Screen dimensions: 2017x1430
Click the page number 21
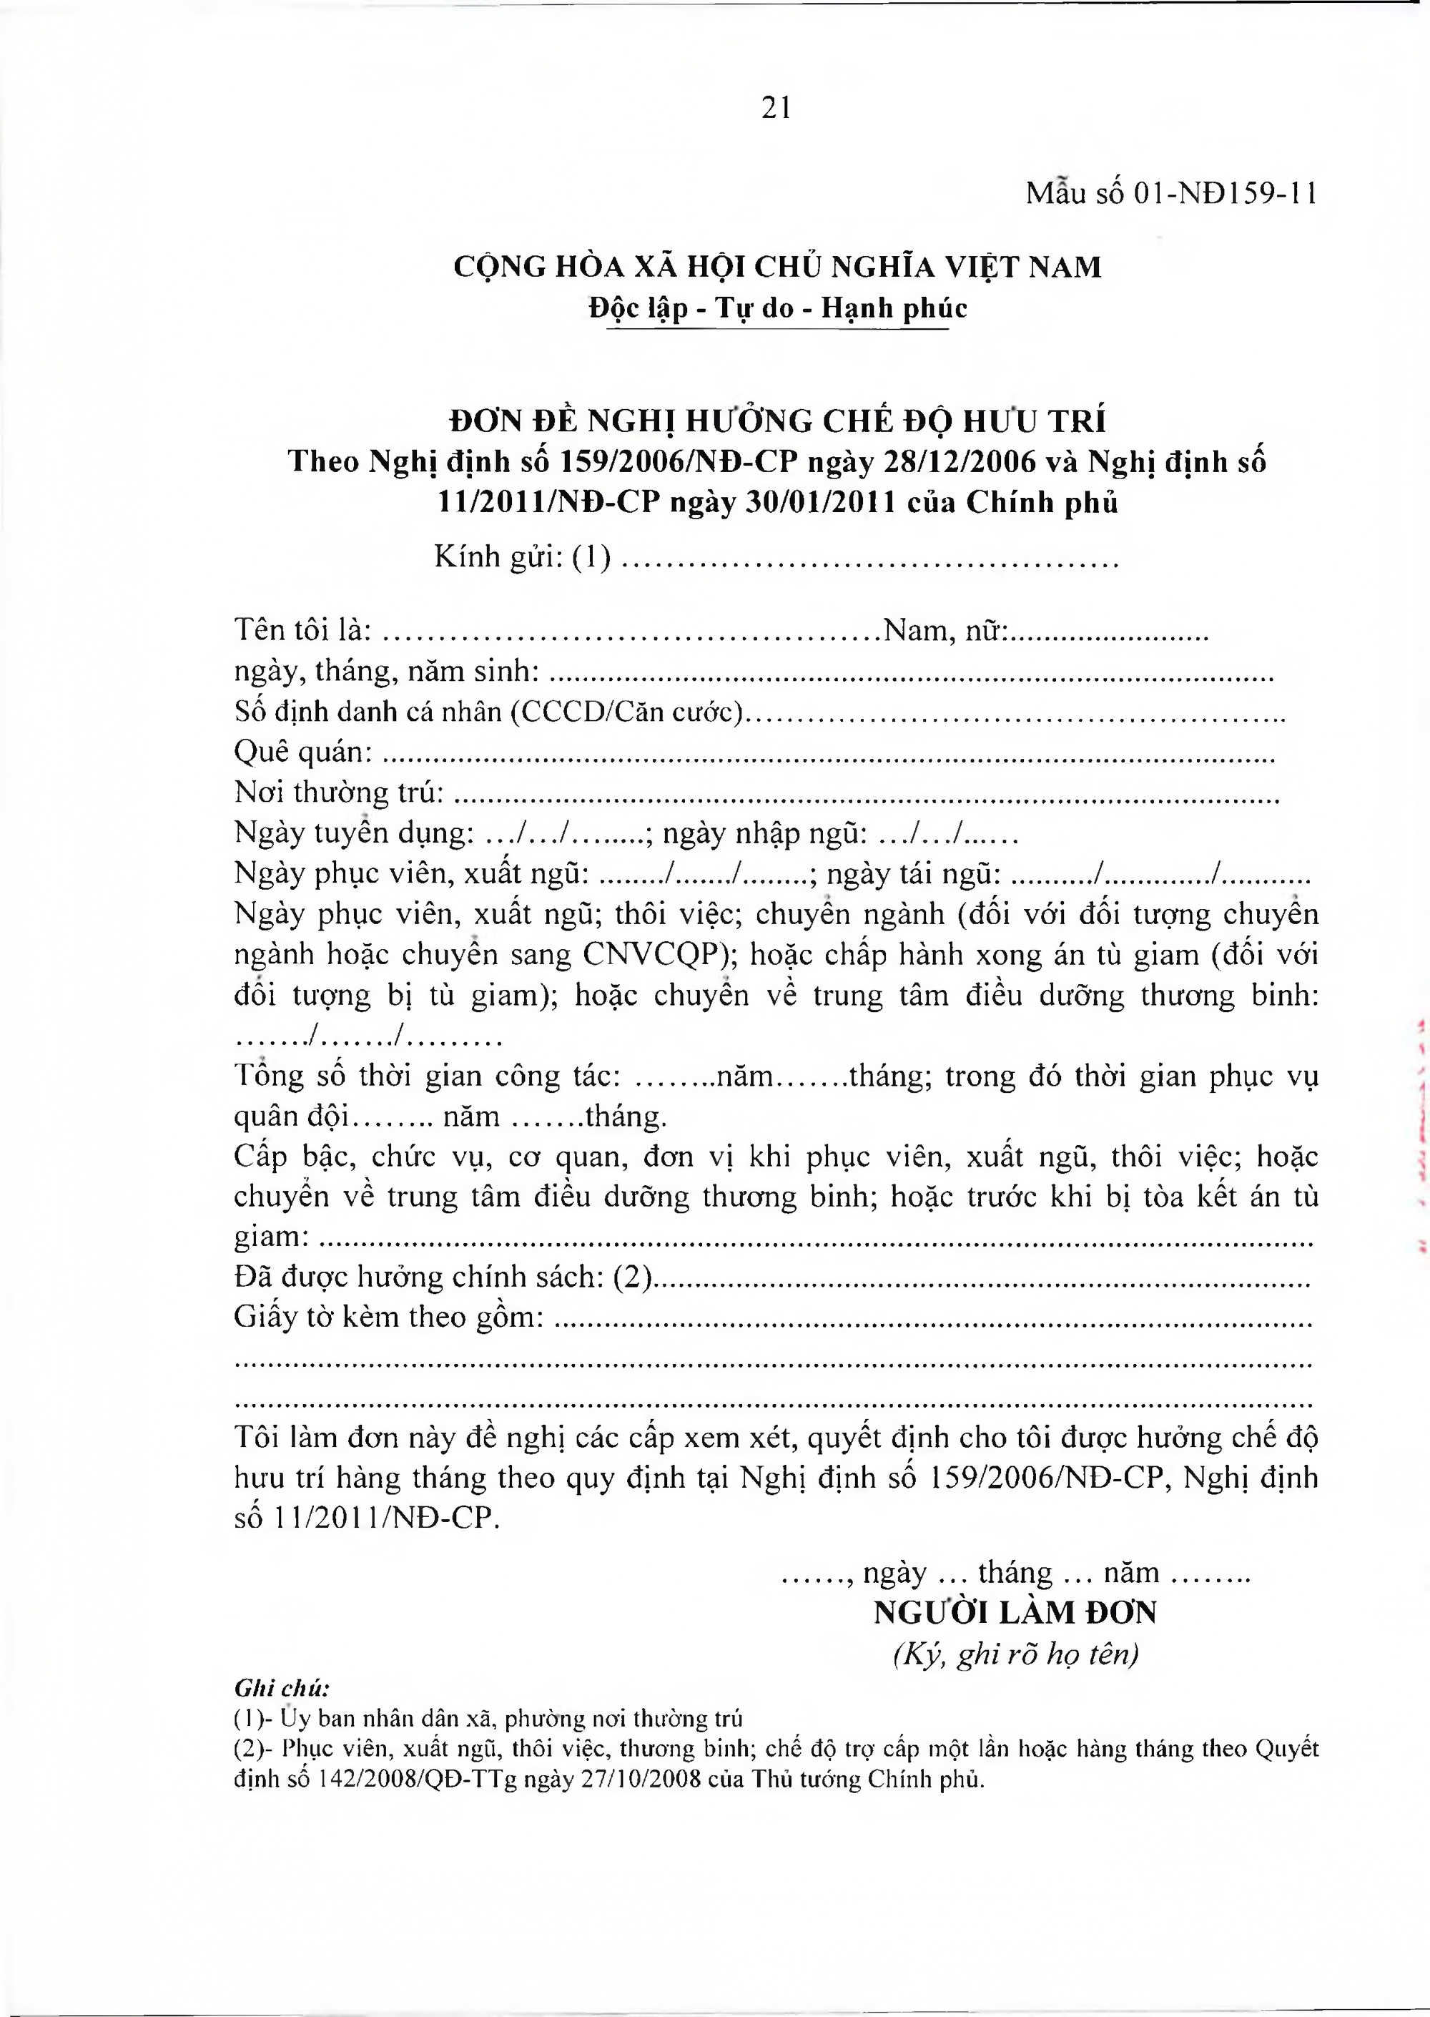(776, 108)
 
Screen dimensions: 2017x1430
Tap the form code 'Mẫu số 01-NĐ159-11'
(1170, 194)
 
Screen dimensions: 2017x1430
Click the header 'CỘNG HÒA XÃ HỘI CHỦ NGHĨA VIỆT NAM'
(776, 267)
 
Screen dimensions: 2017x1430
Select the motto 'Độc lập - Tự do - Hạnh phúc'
(777, 308)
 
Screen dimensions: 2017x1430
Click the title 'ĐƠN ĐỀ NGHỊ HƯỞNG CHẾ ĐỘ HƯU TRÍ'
(777, 421)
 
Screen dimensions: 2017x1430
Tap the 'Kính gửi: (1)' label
(523, 558)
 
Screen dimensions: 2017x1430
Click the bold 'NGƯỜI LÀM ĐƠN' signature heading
(1015, 1614)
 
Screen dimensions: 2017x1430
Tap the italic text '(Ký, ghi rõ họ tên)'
(1015, 1655)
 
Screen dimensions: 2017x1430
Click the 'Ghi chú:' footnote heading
(282, 1689)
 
